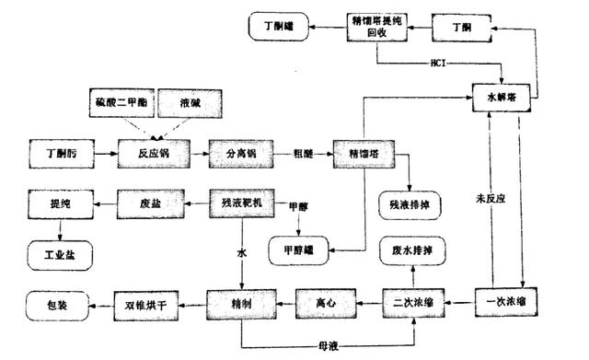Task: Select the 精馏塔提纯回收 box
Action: click(x=375, y=25)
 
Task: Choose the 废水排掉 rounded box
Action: click(x=410, y=250)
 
